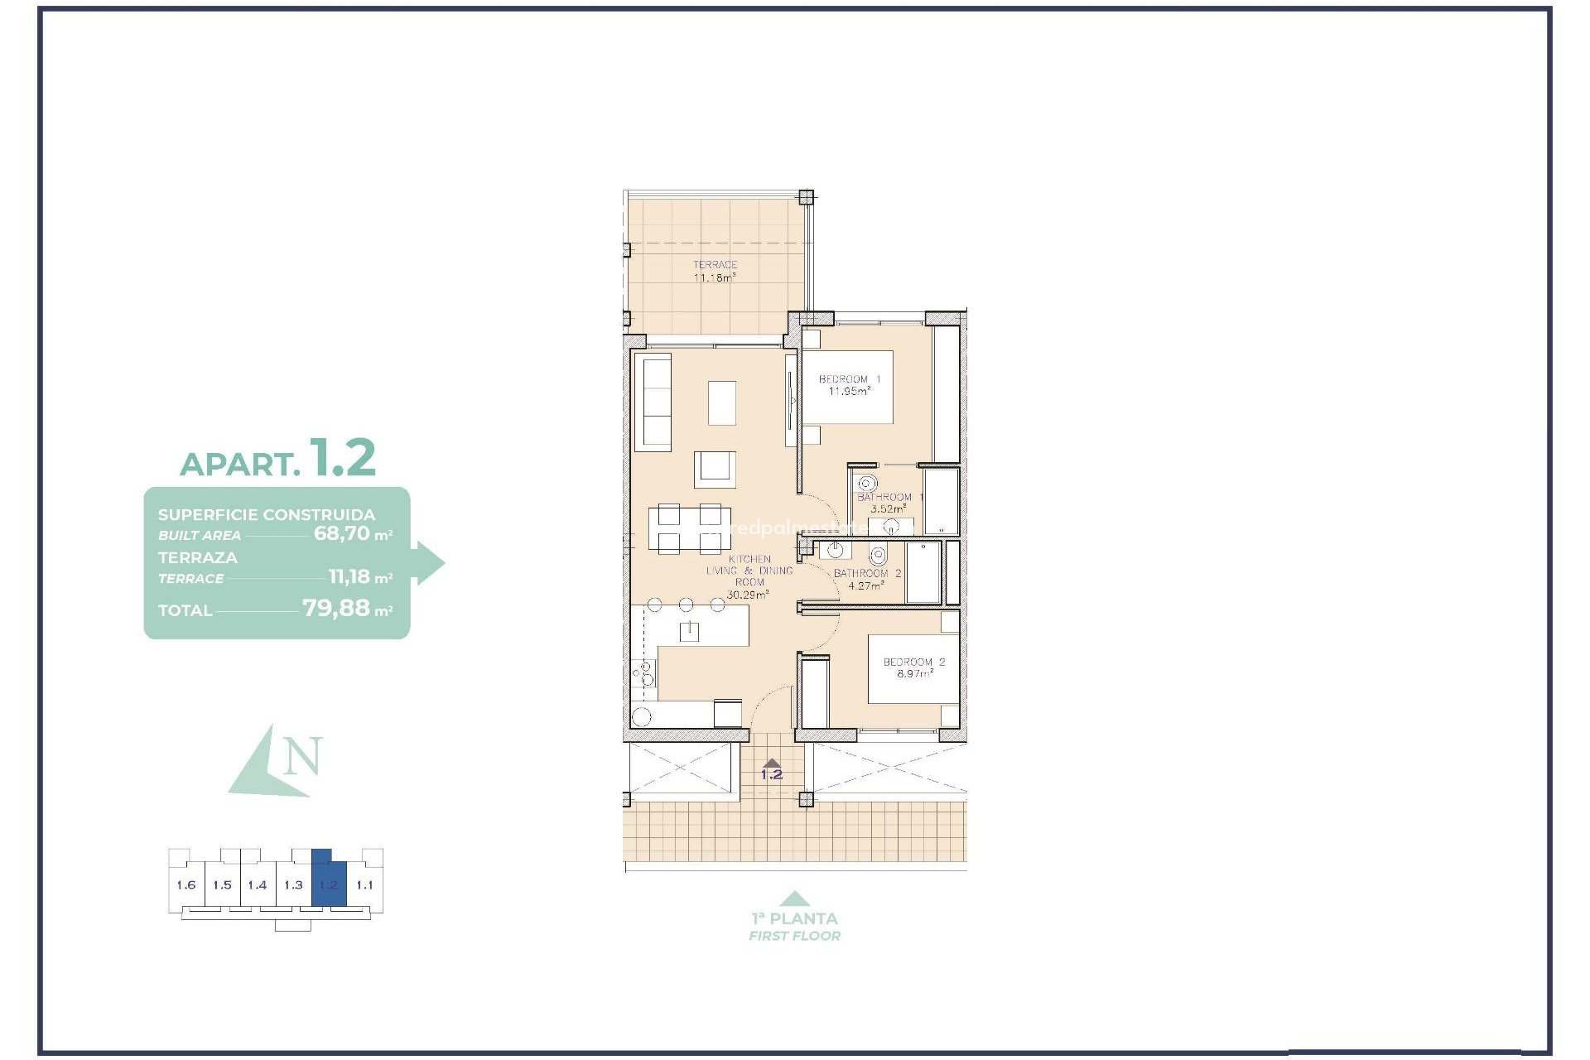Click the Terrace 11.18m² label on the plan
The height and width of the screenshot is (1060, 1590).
(x=715, y=272)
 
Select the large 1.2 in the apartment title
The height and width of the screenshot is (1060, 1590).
(x=343, y=457)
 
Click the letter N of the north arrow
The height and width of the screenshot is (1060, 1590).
(x=302, y=756)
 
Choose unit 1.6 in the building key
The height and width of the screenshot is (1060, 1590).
(x=186, y=885)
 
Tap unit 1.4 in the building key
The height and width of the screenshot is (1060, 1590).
(x=258, y=885)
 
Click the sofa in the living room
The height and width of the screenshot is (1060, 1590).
(x=652, y=402)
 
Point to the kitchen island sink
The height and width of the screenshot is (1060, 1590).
(x=689, y=632)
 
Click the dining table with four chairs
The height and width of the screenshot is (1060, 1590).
(x=684, y=529)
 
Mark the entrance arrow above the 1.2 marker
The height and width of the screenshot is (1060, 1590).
(x=771, y=764)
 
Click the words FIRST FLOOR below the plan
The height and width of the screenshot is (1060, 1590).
(x=794, y=937)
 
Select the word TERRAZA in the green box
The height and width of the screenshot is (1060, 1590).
(x=198, y=558)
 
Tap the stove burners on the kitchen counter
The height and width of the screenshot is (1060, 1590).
(x=643, y=674)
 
